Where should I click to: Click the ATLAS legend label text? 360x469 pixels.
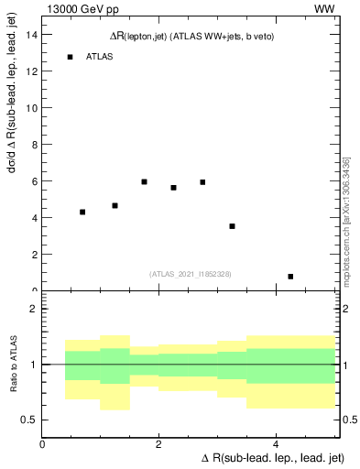coord(100,57)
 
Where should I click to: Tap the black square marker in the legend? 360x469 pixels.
coord(70,57)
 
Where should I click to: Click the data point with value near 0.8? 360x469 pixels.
coord(290,276)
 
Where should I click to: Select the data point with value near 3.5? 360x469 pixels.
coord(232,226)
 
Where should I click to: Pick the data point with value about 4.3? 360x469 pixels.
coord(82,212)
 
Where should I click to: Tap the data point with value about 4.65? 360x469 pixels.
coord(115,205)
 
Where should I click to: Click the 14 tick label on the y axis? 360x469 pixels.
coord(31,34)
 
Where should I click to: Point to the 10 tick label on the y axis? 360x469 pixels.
coord(31,107)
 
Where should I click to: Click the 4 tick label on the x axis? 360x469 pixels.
coord(276,444)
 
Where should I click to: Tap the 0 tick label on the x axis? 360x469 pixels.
coord(43,444)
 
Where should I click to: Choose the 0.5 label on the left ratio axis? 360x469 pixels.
coord(29,420)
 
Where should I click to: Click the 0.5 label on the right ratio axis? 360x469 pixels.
coord(348,420)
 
